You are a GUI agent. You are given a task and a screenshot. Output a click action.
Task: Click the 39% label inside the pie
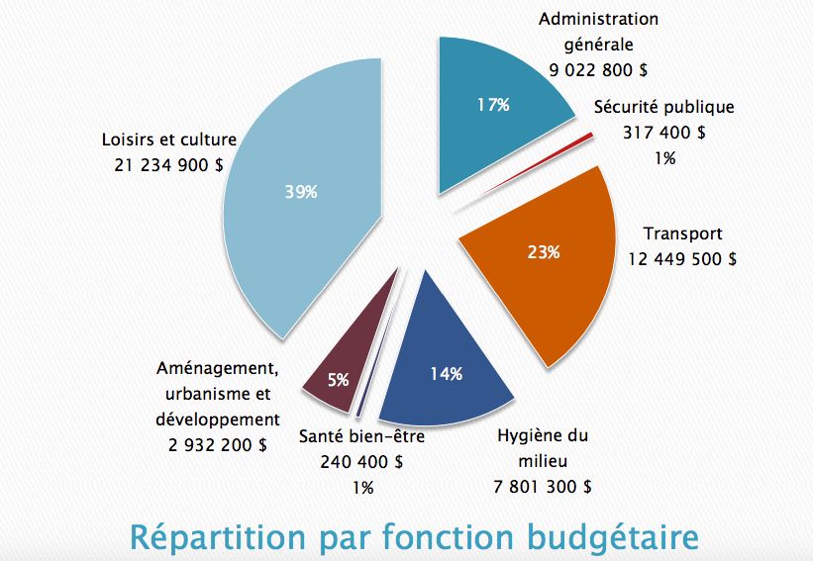(x=301, y=192)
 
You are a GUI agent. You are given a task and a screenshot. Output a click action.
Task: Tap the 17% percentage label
(x=492, y=104)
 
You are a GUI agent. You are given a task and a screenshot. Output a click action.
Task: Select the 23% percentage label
(x=543, y=252)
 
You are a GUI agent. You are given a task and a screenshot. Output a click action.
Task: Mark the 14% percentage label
(x=446, y=373)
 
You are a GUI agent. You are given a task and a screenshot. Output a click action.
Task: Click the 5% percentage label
(x=338, y=379)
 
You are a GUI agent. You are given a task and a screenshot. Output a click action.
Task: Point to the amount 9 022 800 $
(x=598, y=69)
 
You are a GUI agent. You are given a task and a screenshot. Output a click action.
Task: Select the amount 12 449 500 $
(x=682, y=259)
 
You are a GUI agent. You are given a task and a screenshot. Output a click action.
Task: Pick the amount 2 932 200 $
(x=217, y=444)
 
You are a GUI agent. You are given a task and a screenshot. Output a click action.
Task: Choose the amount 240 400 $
(x=361, y=461)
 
